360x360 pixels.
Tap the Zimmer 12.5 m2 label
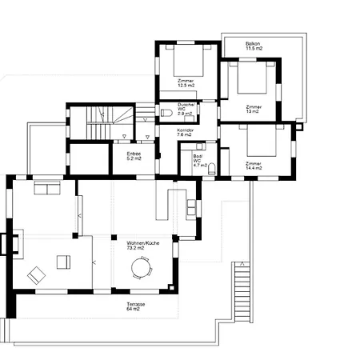pos(186,82)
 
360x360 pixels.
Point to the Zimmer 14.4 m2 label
pos(254,166)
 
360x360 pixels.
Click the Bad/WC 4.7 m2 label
pos(196,161)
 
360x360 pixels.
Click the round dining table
pos(142,270)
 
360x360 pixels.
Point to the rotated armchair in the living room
pos(36,276)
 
